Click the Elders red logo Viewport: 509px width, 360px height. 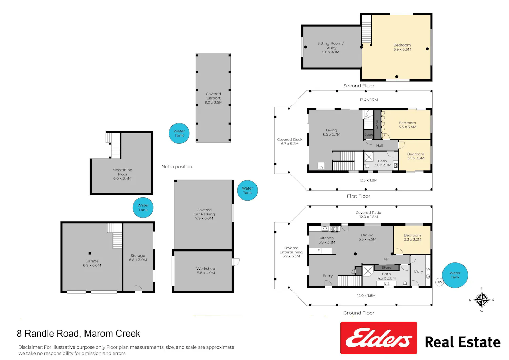point(378,338)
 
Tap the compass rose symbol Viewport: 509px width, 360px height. point(482,300)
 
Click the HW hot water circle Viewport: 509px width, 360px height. point(439,282)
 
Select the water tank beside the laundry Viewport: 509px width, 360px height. point(455,275)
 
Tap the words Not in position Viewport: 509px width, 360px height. point(176,167)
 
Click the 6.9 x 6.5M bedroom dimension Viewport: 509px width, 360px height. point(402,49)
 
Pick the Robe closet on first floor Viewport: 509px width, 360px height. point(377,125)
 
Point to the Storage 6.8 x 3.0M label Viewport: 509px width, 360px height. point(138,258)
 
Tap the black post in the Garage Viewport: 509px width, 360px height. point(90,253)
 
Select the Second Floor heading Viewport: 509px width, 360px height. point(359,86)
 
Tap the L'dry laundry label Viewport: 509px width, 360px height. point(418,272)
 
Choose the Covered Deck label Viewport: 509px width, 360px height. point(289,139)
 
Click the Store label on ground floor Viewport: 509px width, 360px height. point(386,267)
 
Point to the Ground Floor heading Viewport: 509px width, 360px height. point(359,313)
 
